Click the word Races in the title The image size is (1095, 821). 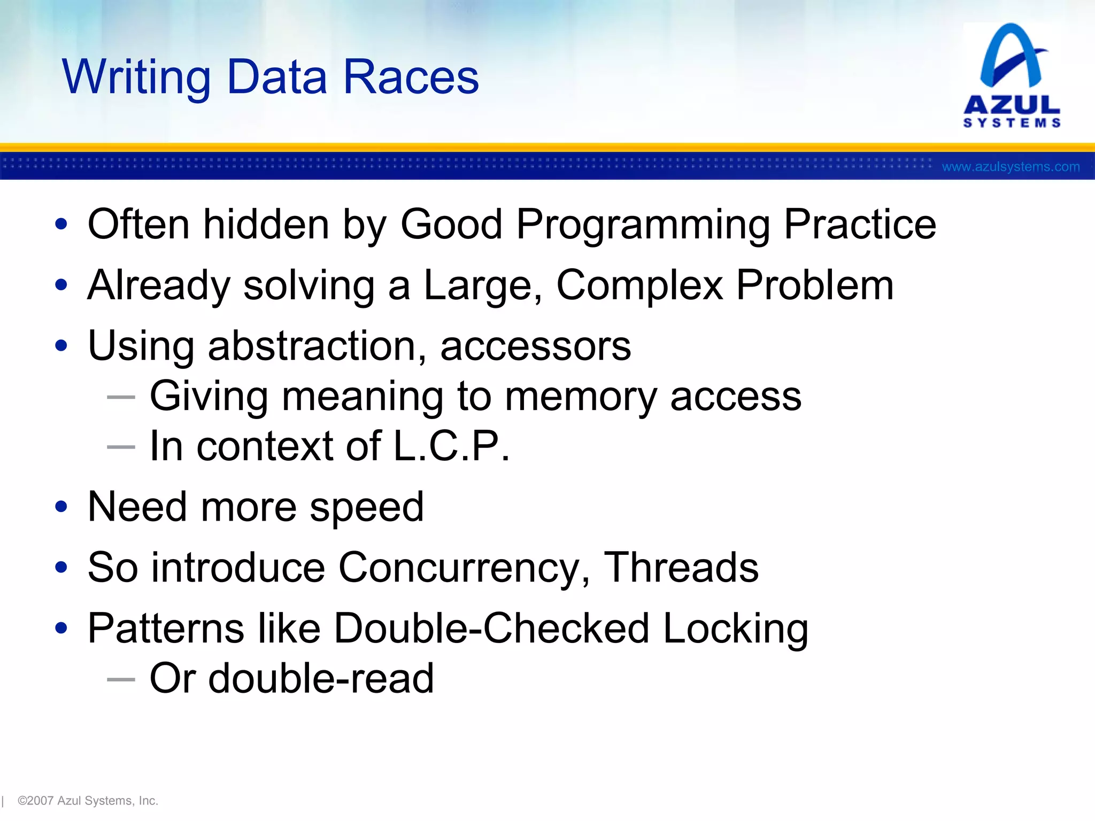click(x=411, y=78)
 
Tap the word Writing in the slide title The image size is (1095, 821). click(x=136, y=78)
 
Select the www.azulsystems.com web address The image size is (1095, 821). click(x=1011, y=167)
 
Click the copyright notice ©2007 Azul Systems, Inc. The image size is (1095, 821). click(x=88, y=801)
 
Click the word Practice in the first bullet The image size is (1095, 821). click(x=860, y=224)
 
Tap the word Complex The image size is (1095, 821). click(x=639, y=285)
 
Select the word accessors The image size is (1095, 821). click(x=535, y=346)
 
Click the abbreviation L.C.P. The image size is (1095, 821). click(x=452, y=446)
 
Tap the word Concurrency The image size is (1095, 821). click(x=464, y=568)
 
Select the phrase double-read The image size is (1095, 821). click(x=321, y=679)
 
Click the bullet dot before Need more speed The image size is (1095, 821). click(x=61, y=507)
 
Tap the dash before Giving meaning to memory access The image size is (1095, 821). click(x=121, y=397)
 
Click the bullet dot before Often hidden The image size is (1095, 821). click(x=61, y=224)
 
